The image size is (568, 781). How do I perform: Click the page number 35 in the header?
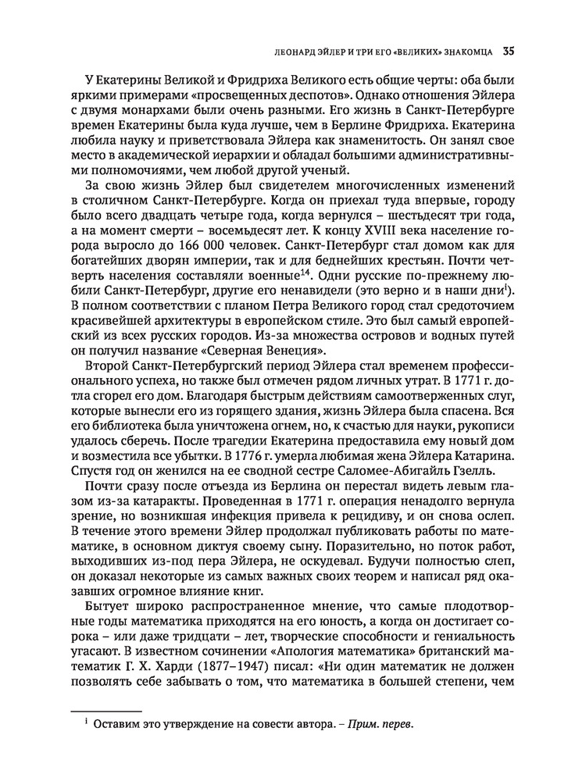pos(508,52)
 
